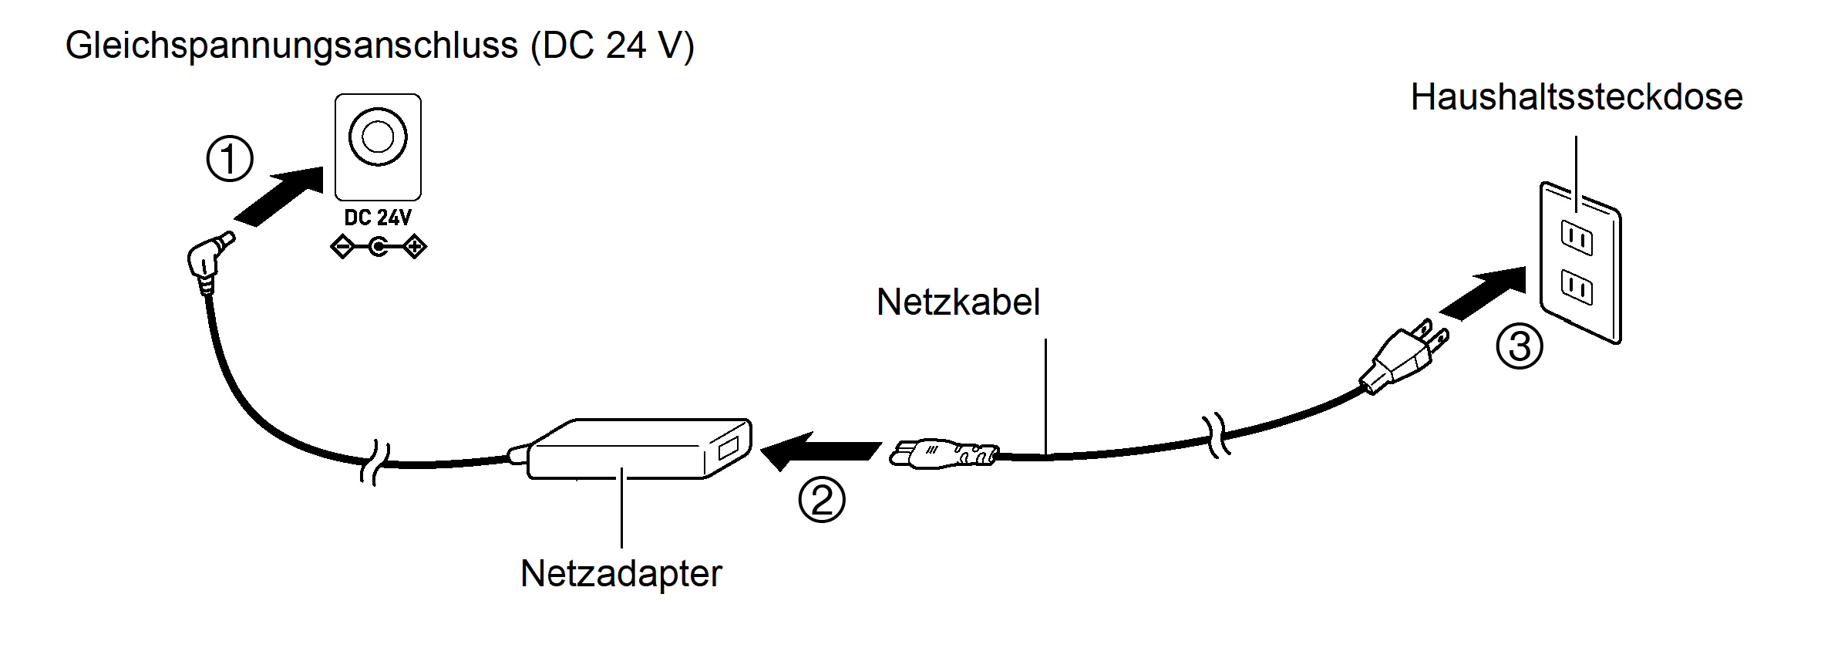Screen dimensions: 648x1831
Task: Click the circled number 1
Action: coord(230,160)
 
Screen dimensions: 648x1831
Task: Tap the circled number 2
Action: coord(821,500)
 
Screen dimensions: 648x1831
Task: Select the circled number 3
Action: coord(1519,346)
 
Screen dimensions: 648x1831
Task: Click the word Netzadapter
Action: coord(621,574)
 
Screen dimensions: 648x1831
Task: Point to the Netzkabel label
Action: coord(958,302)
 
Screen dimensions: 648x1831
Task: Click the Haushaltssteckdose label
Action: coord(1576,97)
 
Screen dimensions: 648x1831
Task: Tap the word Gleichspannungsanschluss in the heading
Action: coord(291,46)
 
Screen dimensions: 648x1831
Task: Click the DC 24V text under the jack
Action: coord(378,218)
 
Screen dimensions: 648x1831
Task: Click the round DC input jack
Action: coord(378,137)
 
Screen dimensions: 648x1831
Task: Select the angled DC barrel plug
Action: coord(208,258)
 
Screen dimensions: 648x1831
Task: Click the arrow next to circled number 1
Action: coord(280,196)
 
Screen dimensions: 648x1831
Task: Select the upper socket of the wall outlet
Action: coord(1576,238)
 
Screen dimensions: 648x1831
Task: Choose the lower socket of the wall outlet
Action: coord(1576,289)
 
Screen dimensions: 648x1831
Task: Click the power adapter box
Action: coord(638,450)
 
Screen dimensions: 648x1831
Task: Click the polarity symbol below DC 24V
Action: coord(378,248)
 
